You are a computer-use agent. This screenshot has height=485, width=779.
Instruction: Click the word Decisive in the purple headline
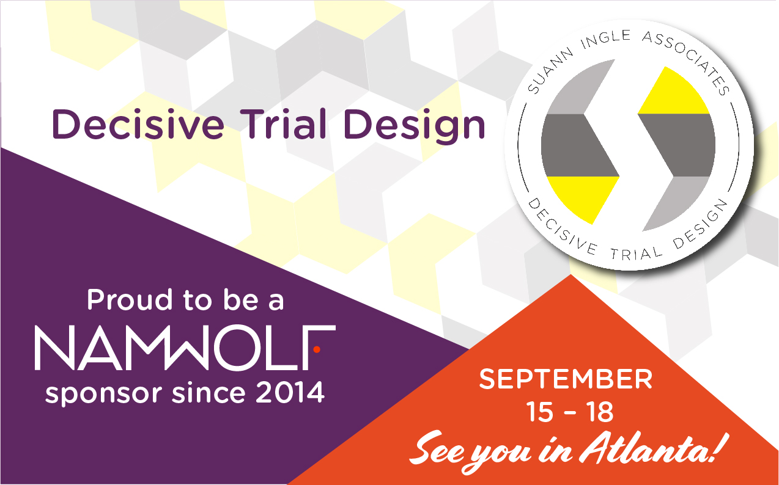pos(138,124)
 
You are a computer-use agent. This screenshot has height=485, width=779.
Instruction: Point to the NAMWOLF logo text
pos(185,348)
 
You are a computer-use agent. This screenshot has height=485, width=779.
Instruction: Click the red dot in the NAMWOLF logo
pos(317,349)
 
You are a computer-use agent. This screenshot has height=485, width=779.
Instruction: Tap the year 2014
pos(290,393)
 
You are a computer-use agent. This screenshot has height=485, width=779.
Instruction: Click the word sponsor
pos(103,395)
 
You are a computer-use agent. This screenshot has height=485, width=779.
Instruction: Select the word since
pos(209,393)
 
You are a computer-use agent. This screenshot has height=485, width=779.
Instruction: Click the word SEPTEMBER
pos(566,379)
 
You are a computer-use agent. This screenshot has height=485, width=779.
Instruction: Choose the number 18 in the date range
pos(600,412)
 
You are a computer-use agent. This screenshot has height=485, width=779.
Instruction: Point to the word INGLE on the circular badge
pos(606,39)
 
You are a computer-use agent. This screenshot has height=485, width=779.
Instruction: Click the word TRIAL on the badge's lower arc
pos(637,254)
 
